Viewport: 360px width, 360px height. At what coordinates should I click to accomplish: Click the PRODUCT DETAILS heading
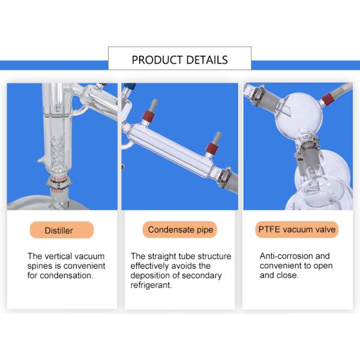[x=179, y=60]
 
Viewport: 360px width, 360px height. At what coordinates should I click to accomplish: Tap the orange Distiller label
[x=62, y=230]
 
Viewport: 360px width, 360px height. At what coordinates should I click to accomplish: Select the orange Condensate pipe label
[x=179, y=230]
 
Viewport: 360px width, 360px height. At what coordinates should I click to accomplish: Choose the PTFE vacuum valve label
[x=297, y=229]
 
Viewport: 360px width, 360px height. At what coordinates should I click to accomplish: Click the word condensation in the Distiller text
[x=67, y=275]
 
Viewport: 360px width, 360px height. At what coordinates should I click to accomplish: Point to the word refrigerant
[x=151, y=285]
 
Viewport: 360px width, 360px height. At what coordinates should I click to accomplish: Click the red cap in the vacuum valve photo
[x=328, y=100]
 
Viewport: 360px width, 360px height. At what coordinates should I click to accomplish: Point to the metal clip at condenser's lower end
[x=225, y=177]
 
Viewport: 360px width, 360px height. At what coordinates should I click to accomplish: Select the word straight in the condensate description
[x=162, y=256]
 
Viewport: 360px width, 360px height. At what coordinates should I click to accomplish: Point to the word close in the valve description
[x=287, y=275]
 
